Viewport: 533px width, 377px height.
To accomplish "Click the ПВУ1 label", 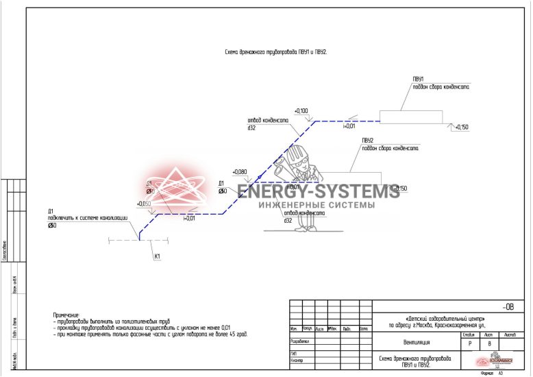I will [418, 80].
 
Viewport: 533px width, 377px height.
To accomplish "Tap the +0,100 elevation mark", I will [301, 110].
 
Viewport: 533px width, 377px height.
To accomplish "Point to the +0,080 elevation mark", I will [239, 171].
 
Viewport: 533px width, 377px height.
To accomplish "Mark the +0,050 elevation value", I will [144, 204].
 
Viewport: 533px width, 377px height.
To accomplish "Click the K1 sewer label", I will [157, 257].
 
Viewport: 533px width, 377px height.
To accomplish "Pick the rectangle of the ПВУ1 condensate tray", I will [407, 117].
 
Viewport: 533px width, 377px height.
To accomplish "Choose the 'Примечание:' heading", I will [66, 315].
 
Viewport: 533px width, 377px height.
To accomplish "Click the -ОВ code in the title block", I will [507, 307].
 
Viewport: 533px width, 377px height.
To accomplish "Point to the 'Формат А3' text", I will [493, 373].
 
